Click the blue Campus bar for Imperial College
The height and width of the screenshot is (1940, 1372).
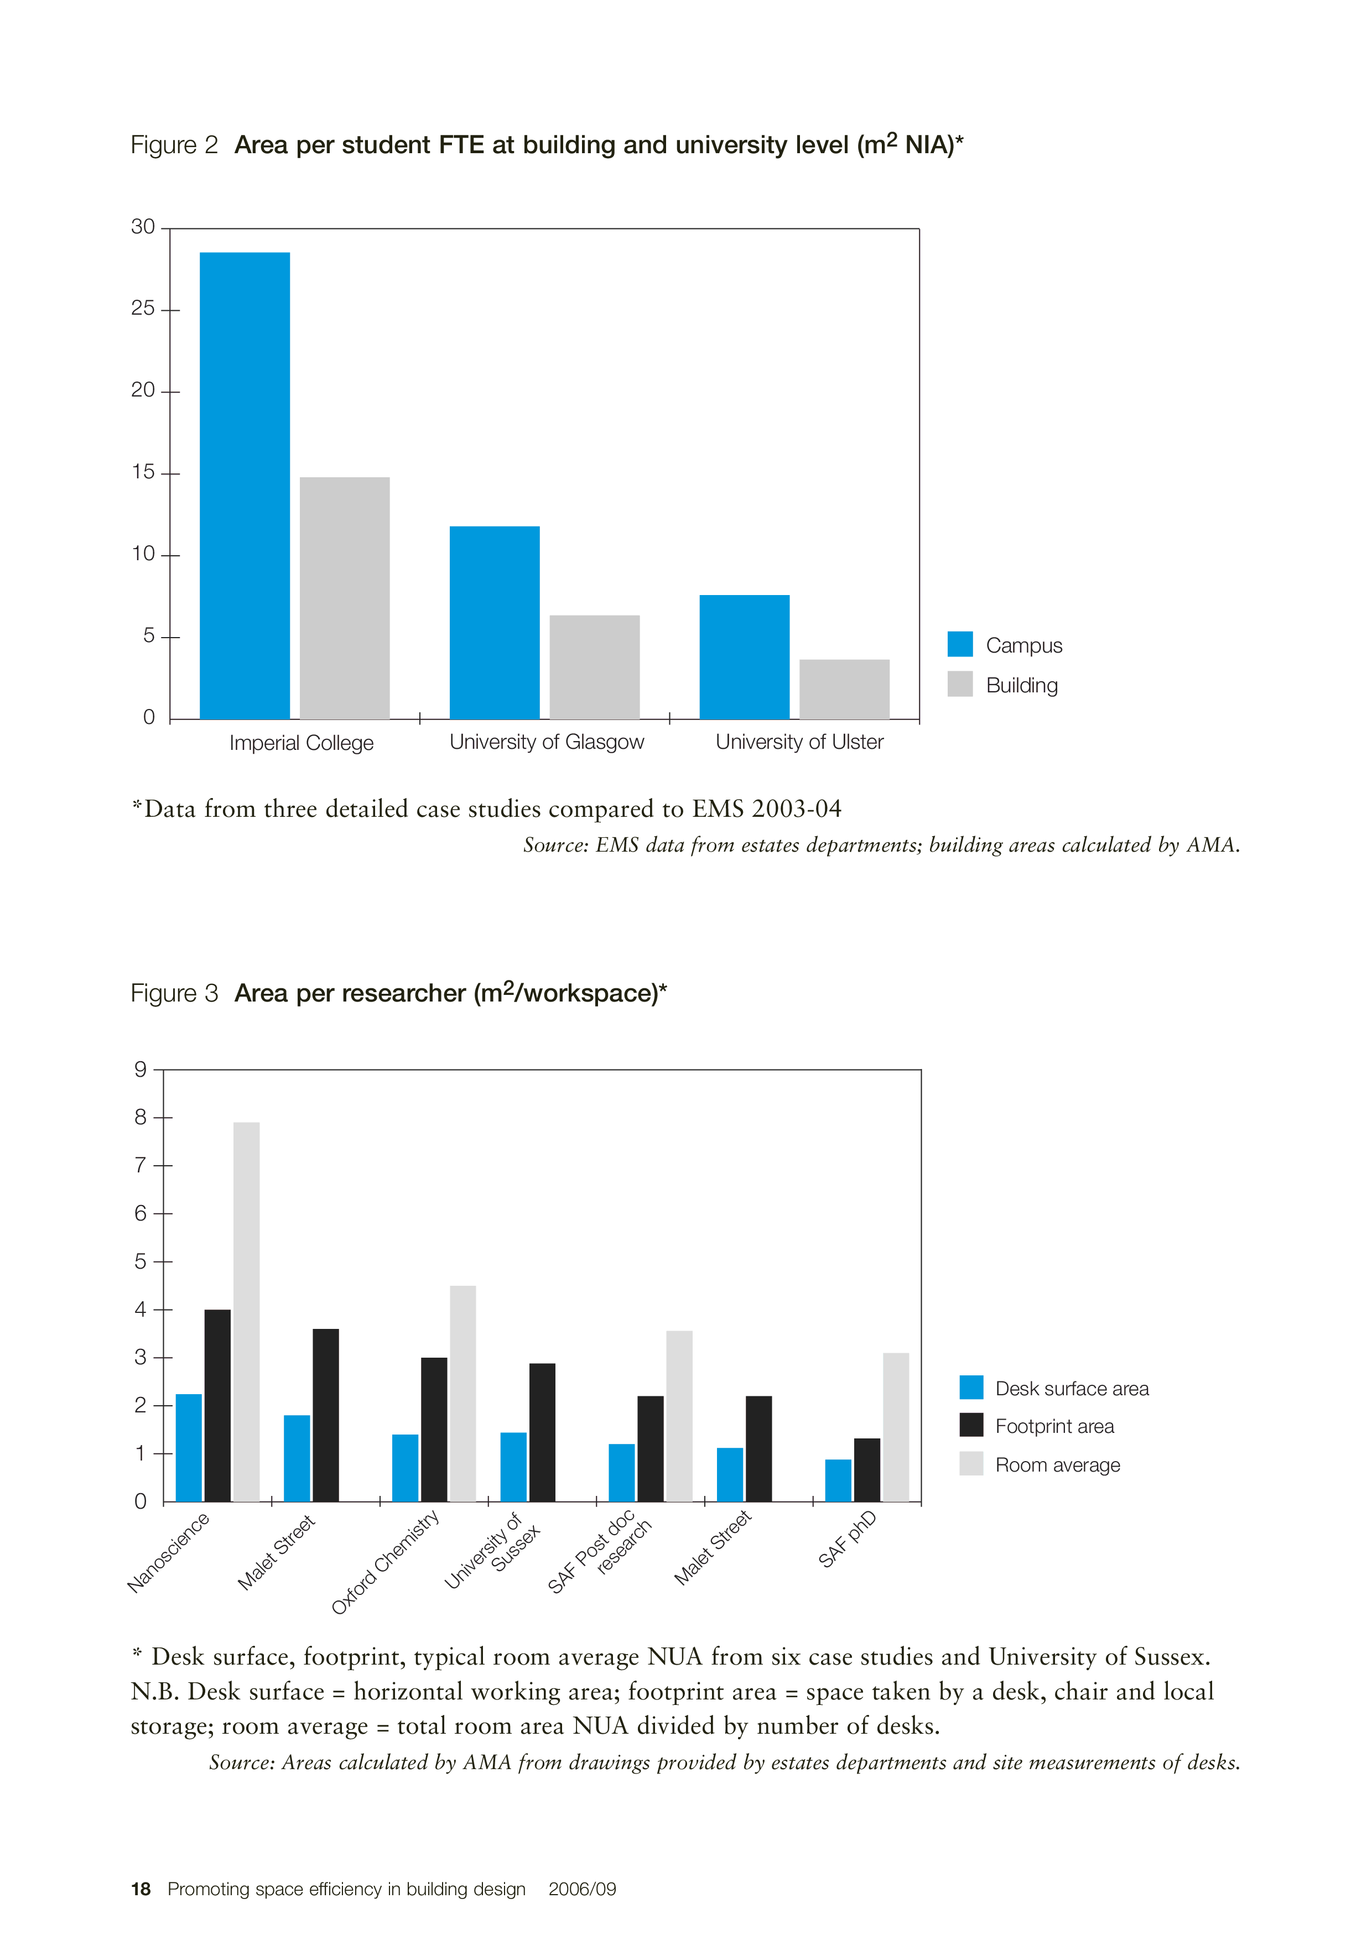[245, 486]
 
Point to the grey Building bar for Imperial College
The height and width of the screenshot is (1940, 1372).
[344, 598]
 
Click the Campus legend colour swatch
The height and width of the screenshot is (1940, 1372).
[959, 644]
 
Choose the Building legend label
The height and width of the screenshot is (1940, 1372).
[1021, 685]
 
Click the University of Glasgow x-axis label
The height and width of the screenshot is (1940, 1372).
[546, 742]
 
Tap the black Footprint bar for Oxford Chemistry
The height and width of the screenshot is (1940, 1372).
[434, 1430]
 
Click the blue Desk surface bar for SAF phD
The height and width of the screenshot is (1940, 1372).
[838, 1480]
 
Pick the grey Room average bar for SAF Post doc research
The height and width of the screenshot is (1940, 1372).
[679, 1416]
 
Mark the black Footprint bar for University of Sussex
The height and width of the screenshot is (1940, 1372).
[542, 1432]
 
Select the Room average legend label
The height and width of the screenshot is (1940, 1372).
[1057, 1465]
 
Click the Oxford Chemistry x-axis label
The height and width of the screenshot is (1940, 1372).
[386, 1562]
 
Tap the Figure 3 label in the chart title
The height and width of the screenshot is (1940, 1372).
[174, 993]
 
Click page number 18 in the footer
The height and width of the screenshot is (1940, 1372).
[141, 1889]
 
